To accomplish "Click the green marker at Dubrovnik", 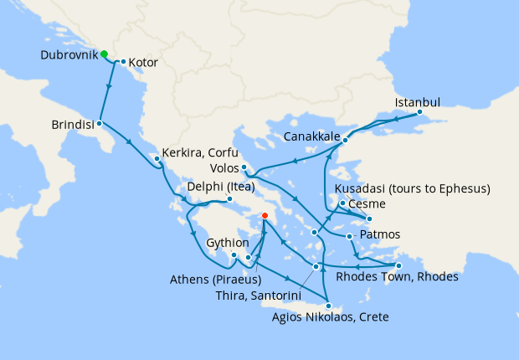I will point(105,54).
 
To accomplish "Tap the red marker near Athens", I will point(265,215).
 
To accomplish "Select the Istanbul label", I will point(416,102).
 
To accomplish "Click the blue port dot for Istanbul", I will point(419,113).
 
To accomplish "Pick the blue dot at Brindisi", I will point(100,123).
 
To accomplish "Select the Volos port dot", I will point(244,167).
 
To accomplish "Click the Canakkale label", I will point(311,136).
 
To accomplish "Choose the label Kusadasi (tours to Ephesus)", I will point(412,188).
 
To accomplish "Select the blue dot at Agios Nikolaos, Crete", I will point(329,306).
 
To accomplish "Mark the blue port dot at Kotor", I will point(123,62).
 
